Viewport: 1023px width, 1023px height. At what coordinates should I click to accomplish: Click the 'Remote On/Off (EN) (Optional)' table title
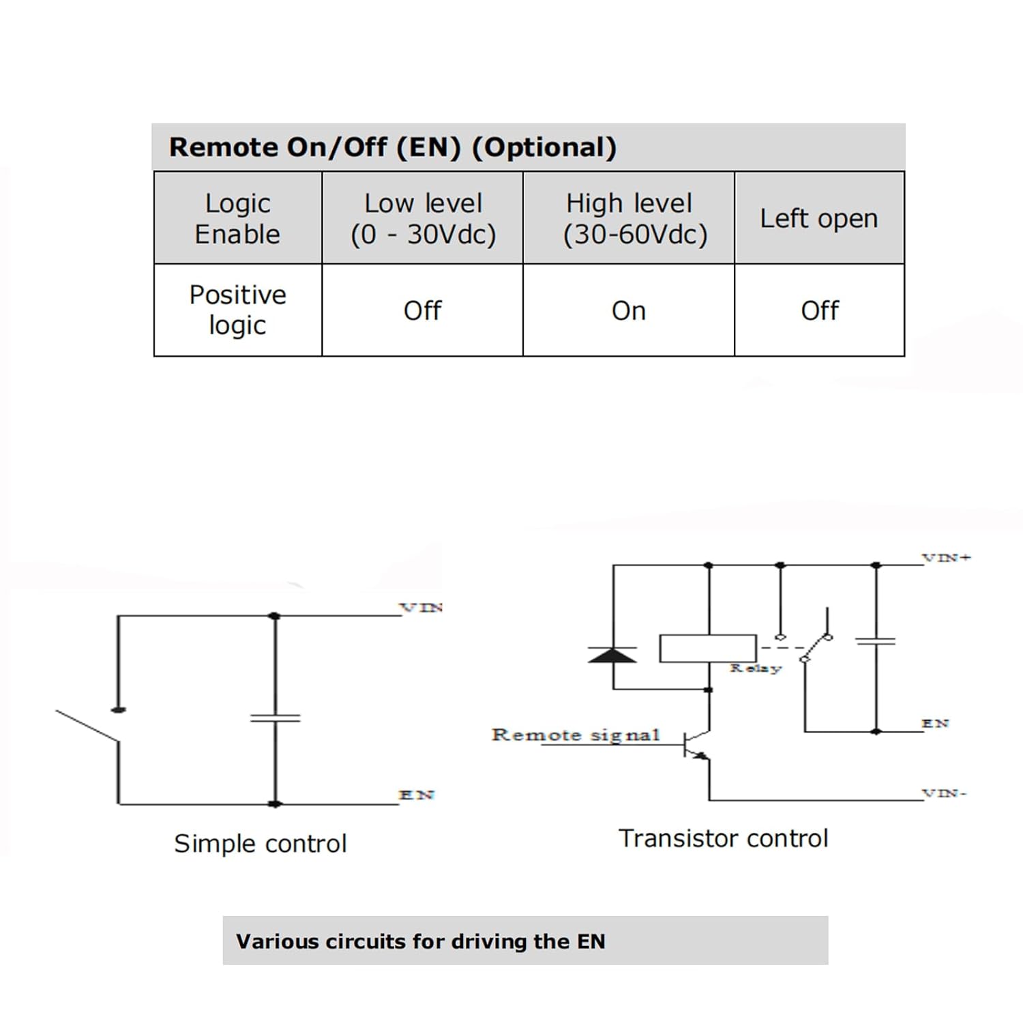pyautogui.click(x=393, y=147)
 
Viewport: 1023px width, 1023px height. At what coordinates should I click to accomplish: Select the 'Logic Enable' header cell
pyautogui.click(x=237, y=218)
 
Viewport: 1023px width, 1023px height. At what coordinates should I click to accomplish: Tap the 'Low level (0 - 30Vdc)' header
pyautogui.click(x=423, y=218)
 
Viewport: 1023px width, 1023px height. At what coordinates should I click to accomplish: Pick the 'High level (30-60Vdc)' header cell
pyautogui.click(x=629, y=218)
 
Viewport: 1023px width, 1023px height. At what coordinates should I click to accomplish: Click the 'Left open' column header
pyautogui.click(x=819, y=219)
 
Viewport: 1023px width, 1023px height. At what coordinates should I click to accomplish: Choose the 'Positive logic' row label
pyautogui.click(x=237, y=310)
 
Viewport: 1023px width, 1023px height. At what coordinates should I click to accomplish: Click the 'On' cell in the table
pyautogui.click(x=629, y=311)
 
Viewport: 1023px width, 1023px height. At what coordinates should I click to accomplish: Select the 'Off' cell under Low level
pyautogui.click(x=423, y=310)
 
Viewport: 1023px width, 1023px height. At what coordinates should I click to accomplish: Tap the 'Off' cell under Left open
pyautogui.click(x=820, y=310)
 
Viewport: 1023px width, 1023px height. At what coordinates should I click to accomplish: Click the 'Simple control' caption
pyautogui.click(x=261, y=844)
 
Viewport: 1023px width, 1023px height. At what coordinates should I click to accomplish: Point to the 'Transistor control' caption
pyautogui.click(x=724, y=838)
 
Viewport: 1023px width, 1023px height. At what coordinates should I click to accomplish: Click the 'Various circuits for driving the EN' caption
pyautogui.click(x=421, y=941)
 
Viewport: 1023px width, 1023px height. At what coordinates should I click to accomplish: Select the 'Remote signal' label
pyautogui.click(x=576, y=735)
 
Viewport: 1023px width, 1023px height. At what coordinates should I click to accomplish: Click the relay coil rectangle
pyautogui.click(x=708, y=648)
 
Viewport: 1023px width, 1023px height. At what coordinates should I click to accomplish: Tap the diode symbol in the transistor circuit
pyautogui.click(x=612, y=655)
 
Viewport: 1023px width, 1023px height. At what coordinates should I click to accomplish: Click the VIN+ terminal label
pyautogui.click(x=947, y=557)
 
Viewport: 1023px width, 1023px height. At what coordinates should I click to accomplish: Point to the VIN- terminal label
pyautogui.click(x=945, y=793)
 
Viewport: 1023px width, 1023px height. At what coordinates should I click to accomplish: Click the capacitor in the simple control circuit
pyautogui.click(x=276, y=717)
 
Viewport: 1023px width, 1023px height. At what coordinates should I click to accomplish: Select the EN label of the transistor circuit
pyautogui.click(x=935, y=723)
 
